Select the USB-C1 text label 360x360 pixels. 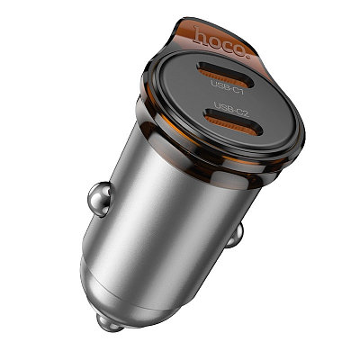227,85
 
